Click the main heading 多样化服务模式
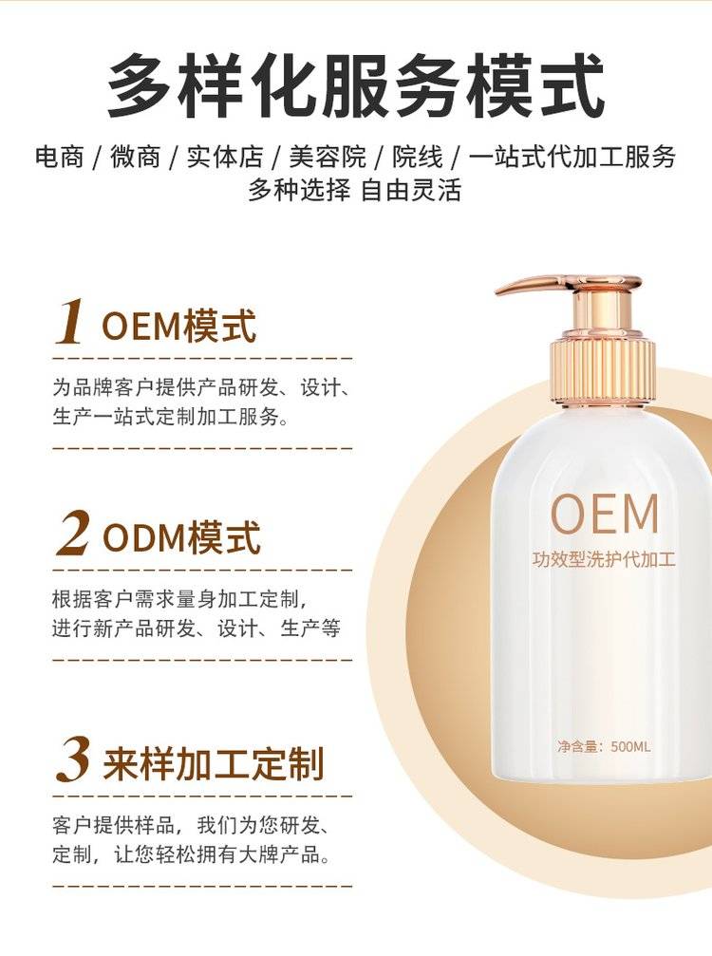tap(356, 85)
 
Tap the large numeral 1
tap(69, 321)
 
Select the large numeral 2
tap(74, 534)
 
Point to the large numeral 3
tap(73, 759)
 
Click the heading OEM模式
tap(178, 327)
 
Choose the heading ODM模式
tap(181, 537)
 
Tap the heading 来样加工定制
tap(214, 763)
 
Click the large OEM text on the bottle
tap(604, 514)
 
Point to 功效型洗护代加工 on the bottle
tap(604, 559)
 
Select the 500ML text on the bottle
tap(630, 746)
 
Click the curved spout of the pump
tap(536, 284)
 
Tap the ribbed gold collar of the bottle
tap(603, 373)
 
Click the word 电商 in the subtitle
tap(59, 157)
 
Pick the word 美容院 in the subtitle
tap(328, 157)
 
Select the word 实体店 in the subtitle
tap(225, 157)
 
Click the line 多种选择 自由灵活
tap(354, 190)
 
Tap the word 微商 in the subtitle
tap(136, 157)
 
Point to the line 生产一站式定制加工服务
tap(171, 417)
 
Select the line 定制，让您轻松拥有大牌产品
tap(192, 854)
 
